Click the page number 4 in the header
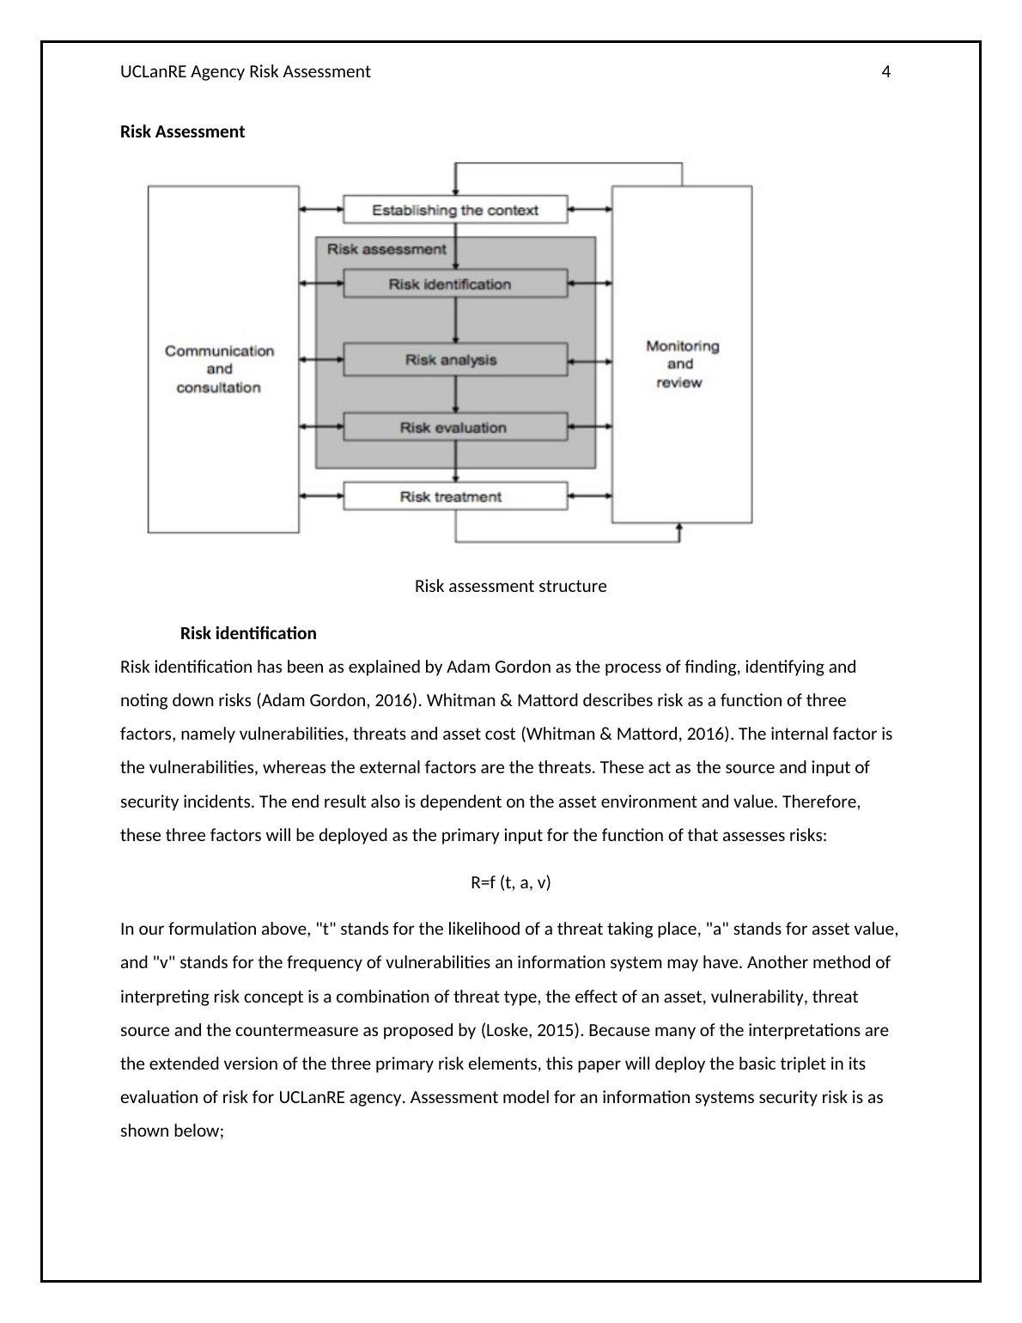pos(885,72)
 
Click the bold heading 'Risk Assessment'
pos(182,131)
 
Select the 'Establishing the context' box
pos(454,210)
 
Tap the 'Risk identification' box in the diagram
pos(454,283)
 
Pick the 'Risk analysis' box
pos(454,359)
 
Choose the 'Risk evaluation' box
pos(454,427)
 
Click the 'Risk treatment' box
pos(454,497)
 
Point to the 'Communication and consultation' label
pos(219,369)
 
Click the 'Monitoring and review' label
pos(682,364)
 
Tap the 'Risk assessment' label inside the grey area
pos(386,249)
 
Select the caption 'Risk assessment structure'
pos(510,586)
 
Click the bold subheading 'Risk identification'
pos(247,633)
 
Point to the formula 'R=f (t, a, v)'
pos(510,882)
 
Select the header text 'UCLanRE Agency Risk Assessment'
pos(245,72)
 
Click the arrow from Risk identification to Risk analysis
pos(455,320)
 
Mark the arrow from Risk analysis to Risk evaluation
pos(455,393)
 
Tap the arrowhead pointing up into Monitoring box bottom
pos(680,527)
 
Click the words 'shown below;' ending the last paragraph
pos(172,1131)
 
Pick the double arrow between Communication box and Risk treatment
pos(321,496)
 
